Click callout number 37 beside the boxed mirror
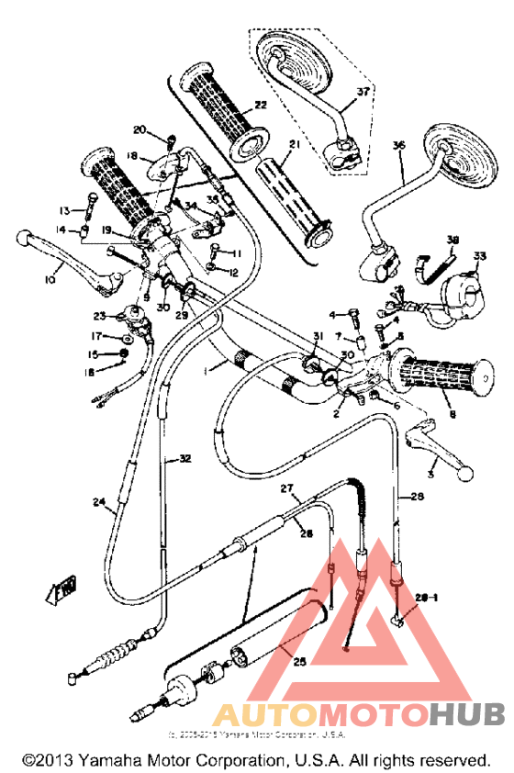point(362,92)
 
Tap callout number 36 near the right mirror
point(397,144)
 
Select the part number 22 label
point(260,106)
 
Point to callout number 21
point(294,145)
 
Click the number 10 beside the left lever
point(49,278)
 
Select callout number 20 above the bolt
point(140,129)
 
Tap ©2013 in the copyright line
point(47,761)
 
